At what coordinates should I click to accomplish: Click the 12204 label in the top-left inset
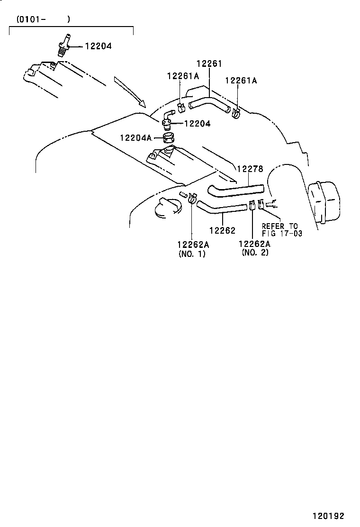pos(99,46)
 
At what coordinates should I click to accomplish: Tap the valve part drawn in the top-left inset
pos(63,45)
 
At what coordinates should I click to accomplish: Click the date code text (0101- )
pos(43,19)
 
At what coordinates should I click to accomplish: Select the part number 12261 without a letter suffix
pos(209,64)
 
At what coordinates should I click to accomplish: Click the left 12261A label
pos(182,76)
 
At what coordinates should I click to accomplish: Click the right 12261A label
pos(241,81)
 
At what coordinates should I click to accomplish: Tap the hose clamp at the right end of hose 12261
pos(236,113)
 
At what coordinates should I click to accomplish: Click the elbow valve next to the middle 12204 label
pos(168,118)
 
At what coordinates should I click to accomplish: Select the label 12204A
pos(135,138)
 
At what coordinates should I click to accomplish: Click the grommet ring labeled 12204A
pos(169,138)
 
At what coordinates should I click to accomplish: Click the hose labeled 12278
pos(235,190)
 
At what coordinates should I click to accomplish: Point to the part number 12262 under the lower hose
pos(222,230)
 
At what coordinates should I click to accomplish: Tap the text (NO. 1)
pos(192,254)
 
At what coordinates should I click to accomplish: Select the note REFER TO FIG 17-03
pos(281,229)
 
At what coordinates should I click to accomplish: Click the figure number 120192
pos(328,516)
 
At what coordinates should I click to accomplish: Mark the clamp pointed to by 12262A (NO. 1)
pos(191,198)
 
